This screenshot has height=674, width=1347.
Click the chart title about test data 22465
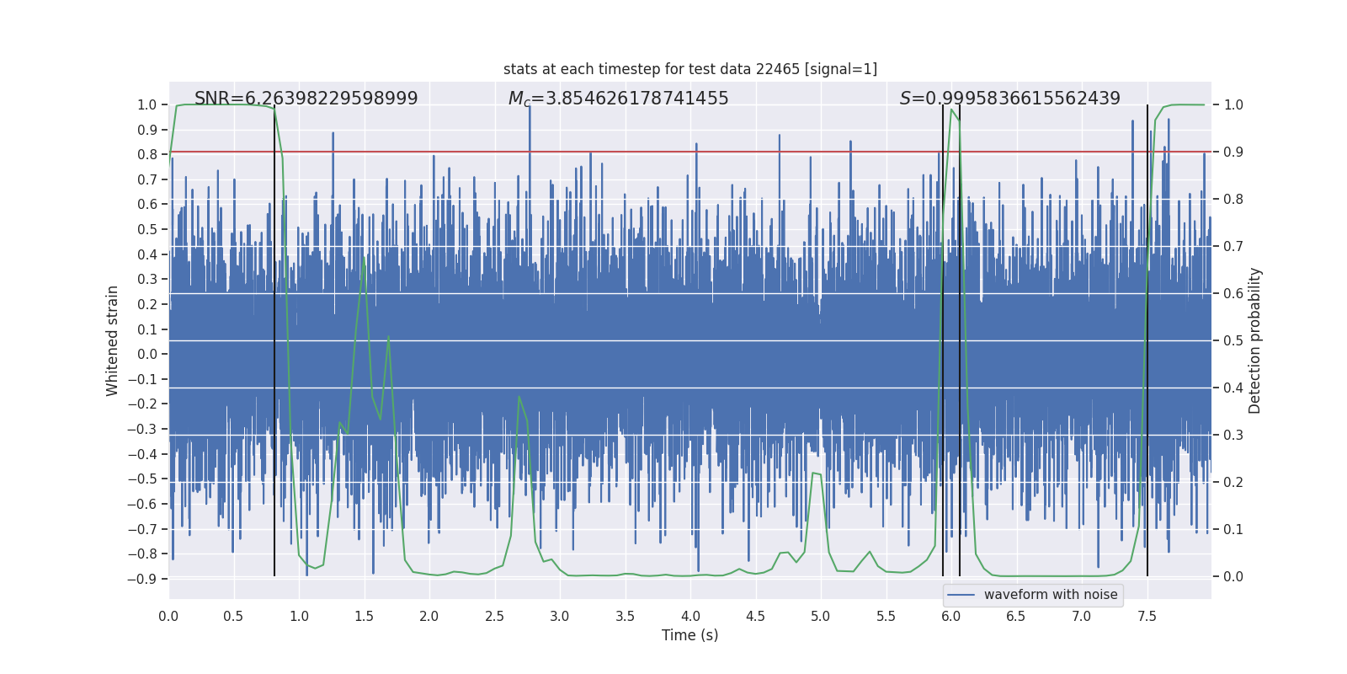pos(689,69)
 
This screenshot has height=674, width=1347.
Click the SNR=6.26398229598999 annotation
pos(306,99)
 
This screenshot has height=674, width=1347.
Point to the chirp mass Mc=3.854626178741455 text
pos(618,99)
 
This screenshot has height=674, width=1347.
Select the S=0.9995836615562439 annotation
pos(1009,99)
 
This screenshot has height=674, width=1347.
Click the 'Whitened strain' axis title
pos(113,340)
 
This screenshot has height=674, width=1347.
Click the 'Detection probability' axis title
pos(1255,340)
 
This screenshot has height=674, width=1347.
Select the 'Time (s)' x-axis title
pos(689,635)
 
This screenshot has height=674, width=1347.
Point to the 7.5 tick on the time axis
pos(1147,616)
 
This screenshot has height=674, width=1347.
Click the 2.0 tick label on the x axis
pos(429,616)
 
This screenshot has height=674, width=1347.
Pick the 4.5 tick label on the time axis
pos(755,616)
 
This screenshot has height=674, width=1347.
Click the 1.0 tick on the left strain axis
pos(146,105)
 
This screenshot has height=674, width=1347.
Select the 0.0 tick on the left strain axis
pos(146,355)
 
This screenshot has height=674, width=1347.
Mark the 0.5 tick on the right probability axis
pos(1233,341)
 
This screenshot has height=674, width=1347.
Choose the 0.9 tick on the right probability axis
pos(1233,152)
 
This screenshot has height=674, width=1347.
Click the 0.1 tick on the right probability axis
pos(1233,530)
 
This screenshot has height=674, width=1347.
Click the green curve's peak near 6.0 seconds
pos(951,110)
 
